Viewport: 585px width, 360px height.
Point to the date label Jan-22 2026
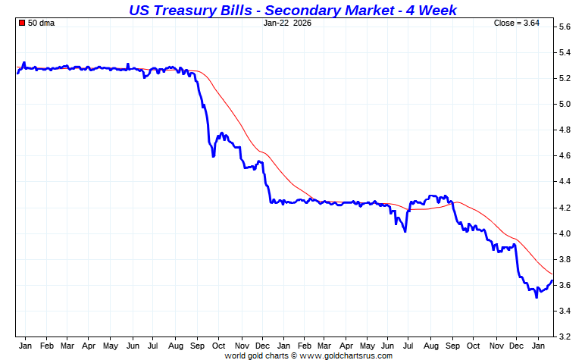[287, 23]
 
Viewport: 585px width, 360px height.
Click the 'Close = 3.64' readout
[517, 23]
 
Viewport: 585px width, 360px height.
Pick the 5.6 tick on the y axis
[565, 27]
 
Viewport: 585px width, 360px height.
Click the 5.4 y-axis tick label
[565, 52]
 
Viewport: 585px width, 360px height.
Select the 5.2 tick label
[565, 78]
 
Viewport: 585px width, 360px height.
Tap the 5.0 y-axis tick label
[565, 104]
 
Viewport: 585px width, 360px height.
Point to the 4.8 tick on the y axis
[565, 130]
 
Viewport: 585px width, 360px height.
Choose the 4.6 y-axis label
[565, 155]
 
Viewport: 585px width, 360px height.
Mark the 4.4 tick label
[565, 181]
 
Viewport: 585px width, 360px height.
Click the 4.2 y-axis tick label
[565, 207]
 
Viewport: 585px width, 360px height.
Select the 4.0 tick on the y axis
[565, 233]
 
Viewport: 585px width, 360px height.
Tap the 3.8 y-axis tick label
[565, 259]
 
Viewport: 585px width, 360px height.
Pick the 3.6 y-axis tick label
[565, 285]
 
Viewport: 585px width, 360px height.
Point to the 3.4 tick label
[565, 311]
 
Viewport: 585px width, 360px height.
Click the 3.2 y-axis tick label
[565, 337]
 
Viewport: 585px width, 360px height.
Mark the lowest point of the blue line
[537, 297]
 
